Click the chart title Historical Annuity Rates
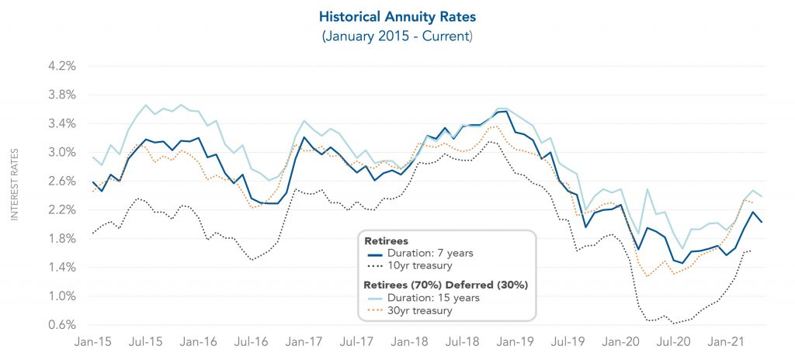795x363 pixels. (x=397, y=16)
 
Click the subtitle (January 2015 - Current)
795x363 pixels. (x=397, y=36)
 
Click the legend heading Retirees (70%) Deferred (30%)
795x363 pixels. (x=446, y=284)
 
